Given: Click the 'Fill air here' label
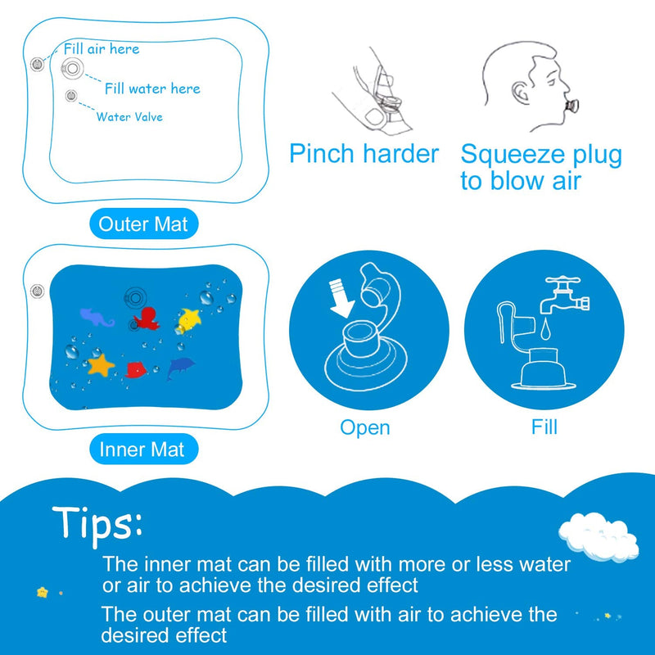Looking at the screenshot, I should tap(102, 49).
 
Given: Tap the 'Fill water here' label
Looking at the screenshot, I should tap(152, 88).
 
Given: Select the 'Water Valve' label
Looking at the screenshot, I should tap(129, 117).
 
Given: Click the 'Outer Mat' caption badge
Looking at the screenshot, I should tap(142, 224).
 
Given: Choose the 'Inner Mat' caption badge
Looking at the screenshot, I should tap(142, 449).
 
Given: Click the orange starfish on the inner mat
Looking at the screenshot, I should tap(101, 363).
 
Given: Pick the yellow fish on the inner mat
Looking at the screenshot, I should tap(191, 318).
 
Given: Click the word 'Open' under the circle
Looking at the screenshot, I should tap(365, 427).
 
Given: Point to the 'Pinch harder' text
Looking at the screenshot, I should tap(364, 154).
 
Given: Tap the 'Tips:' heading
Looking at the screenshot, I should tap(98, 522).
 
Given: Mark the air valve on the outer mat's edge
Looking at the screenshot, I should tap(36, 64).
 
